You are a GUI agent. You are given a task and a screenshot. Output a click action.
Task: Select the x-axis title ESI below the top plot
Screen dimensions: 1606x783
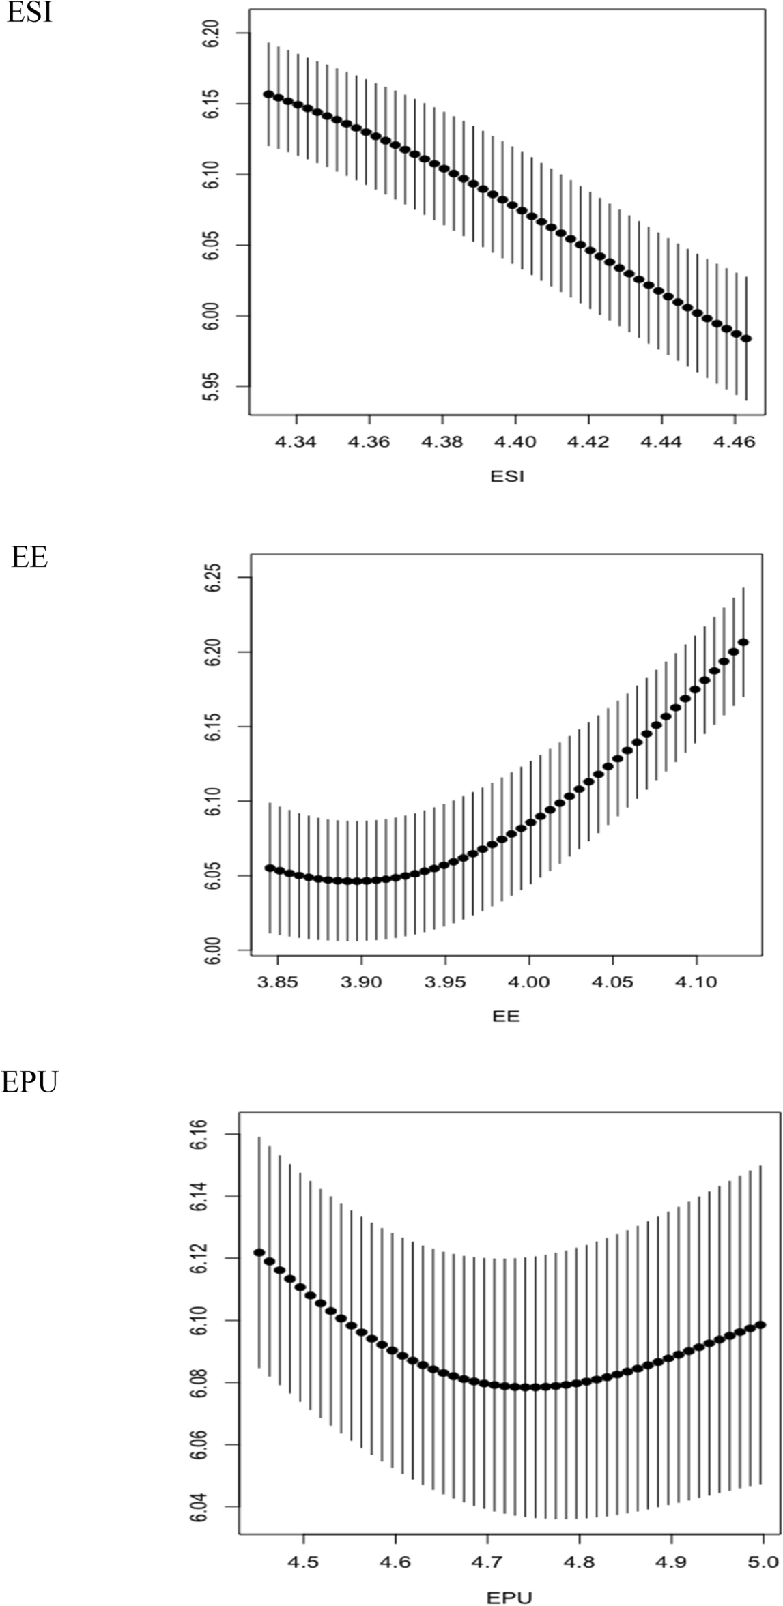click(x=507, y=477)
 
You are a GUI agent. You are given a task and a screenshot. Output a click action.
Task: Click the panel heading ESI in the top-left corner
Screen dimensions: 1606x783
click(x=29, y=13)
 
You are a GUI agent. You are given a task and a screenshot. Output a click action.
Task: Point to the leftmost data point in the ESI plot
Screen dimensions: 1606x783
click(x=268, y=94)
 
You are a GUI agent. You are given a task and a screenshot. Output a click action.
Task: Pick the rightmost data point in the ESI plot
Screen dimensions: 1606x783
click(x=747, y=338)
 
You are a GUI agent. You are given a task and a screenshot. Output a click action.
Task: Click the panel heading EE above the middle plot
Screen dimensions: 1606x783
click(x=29, y=557)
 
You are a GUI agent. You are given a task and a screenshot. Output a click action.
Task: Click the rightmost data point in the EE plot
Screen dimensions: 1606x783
click(x=743, y=642)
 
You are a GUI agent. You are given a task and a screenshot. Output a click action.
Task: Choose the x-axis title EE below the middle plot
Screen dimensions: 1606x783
click(x=506, y=1016)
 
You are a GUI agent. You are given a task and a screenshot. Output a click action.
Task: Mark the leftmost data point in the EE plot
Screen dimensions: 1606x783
click(x=270, y=868)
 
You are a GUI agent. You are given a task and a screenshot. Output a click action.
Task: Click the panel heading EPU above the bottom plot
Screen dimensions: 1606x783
click(x=29, y=1083)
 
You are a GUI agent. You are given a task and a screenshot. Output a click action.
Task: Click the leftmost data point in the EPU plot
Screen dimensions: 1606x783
click(x=259, y=1253)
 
